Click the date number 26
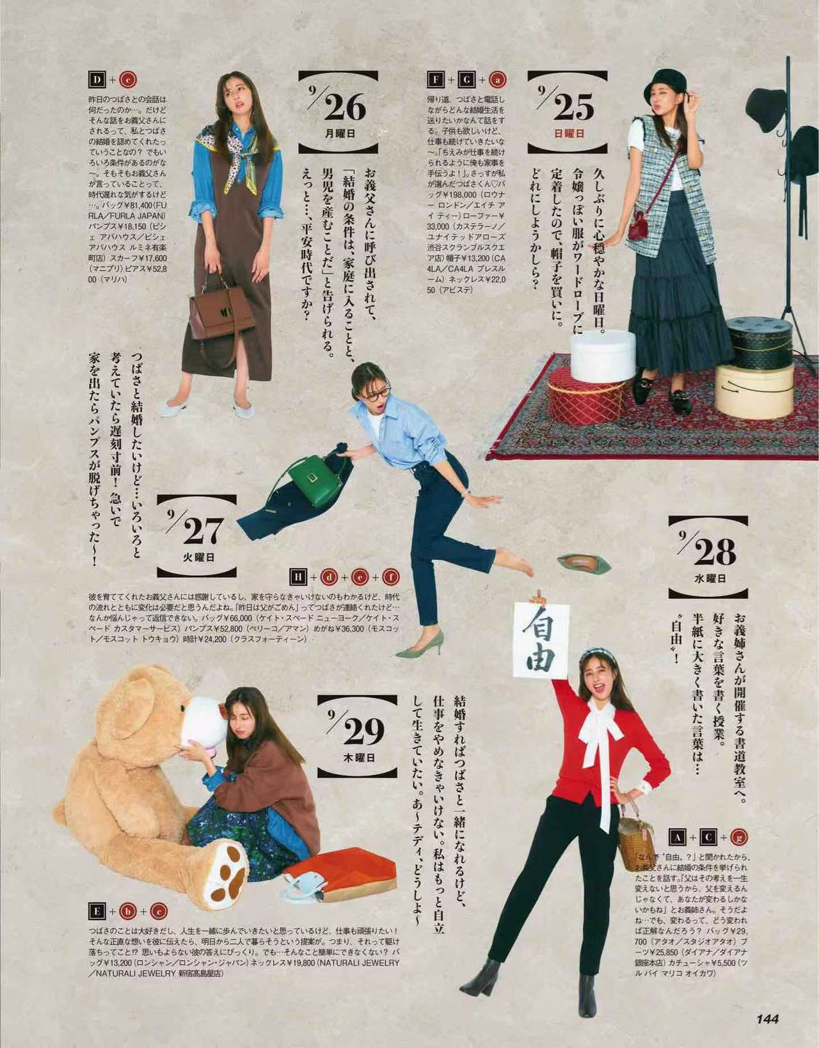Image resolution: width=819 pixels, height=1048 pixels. (x=344, y=107)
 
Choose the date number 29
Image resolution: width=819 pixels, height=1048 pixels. (x=363, y=731)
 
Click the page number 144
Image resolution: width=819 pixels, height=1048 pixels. (x=767, y=1019)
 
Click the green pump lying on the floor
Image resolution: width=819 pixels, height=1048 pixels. (x=583, y=563)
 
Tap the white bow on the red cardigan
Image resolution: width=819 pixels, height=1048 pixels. (x=598, y=726)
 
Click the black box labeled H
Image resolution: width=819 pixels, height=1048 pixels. (x=298, y=578)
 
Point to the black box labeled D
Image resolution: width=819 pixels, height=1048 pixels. (x=97, y=80)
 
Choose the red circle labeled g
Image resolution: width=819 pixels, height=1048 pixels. (x=741, y=836)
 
